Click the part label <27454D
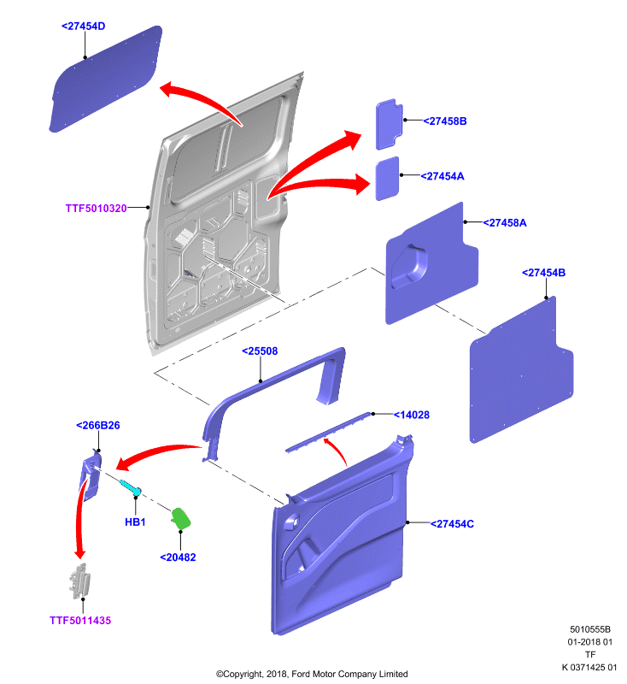click(x=83, y=27)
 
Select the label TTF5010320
click(x=96, y=209)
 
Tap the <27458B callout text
click(x=445, y=121)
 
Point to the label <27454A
click(x=442, y=176)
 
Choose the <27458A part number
click(x=505, y=223)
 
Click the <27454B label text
click(x=544, y=273)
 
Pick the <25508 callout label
click(x=260, y=351)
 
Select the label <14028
click(x=412, y=415)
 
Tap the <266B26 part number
click(x=98, y=425)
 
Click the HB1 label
click(x=135, y=522)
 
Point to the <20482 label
click(x=178, y=557)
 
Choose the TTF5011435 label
click(x=80, y=621)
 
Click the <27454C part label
click(x=452, y=524)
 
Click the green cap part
click(x=181, y=518)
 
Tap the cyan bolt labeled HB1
click(x=130, y=486)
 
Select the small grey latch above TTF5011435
click(x=79, y=581)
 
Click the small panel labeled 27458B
click(x=389, y=124)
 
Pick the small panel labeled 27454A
click(x=387, y=179)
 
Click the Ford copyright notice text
click(x=312, y=674)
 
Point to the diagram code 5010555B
click(x=590, y=629)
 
